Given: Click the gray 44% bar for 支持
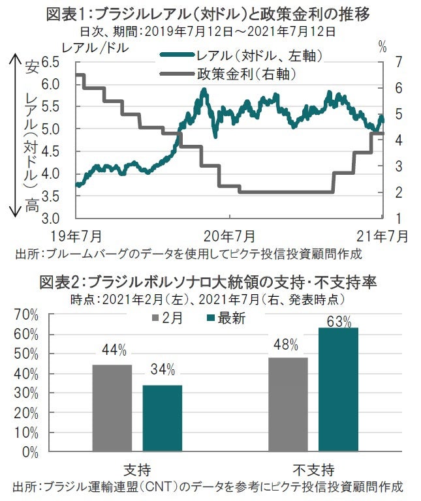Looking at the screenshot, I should [112, 408].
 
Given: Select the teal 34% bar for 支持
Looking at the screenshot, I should [163, 417].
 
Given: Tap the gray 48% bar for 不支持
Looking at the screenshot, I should [288, 404].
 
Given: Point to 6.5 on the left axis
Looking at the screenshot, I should [50, 62].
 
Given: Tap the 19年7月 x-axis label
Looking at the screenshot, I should [75, 235].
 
